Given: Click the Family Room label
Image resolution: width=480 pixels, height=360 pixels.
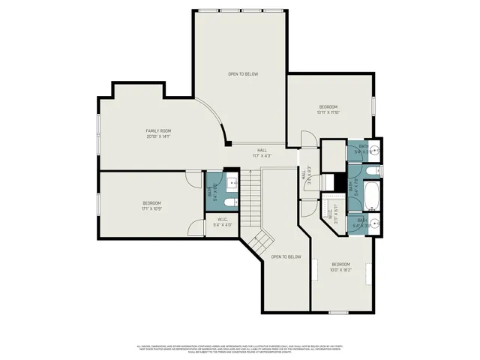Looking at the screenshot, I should pyautogui.click(x=158, y=133).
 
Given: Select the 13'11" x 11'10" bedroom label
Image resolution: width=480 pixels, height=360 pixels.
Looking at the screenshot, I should pyautogui.click(x=328, y=109).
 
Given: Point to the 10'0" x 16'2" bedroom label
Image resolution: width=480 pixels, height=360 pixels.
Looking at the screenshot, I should pyautogui.click(x=340, y=267).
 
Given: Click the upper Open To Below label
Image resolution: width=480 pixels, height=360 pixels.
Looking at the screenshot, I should pyautogui.click(x=243, y=74).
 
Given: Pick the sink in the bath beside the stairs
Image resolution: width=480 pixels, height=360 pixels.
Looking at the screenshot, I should pyautogui.click(x=232, y=182).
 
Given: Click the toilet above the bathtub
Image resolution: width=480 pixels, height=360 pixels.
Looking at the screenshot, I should pyautogui.click(x=370, y=173).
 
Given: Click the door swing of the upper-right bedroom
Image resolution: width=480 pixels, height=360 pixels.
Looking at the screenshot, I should pyautogui.click(x=307, y=139).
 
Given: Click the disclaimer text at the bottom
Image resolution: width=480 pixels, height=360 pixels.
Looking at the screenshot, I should pyautogui.click(x=239, y=349).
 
